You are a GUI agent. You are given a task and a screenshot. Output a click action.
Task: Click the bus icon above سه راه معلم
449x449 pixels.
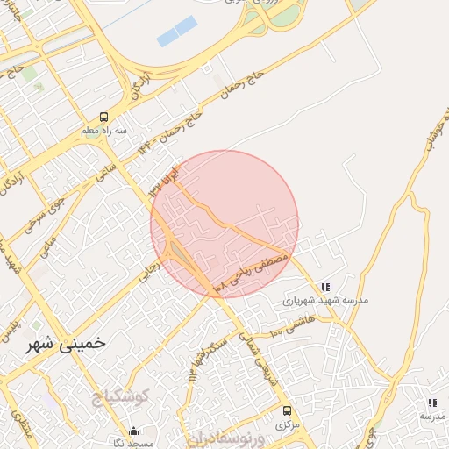click(104, 117)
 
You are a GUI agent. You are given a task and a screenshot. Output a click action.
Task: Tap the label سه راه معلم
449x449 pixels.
click(104, 131)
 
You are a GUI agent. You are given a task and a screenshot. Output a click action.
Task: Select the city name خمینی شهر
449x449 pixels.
click(68, 344)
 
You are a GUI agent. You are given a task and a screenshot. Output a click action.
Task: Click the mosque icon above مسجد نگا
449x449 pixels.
click(133, 430)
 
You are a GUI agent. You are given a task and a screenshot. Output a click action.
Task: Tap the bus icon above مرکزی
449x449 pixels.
click(287, 410)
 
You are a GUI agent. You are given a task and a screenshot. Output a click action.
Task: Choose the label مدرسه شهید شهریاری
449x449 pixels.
click(325, 299)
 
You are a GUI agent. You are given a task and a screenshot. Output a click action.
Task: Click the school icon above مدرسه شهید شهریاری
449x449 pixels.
click(325, 286)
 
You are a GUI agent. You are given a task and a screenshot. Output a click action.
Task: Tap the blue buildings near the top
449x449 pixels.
click(175, 32)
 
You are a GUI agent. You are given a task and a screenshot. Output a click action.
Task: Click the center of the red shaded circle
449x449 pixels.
click(224, 224)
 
